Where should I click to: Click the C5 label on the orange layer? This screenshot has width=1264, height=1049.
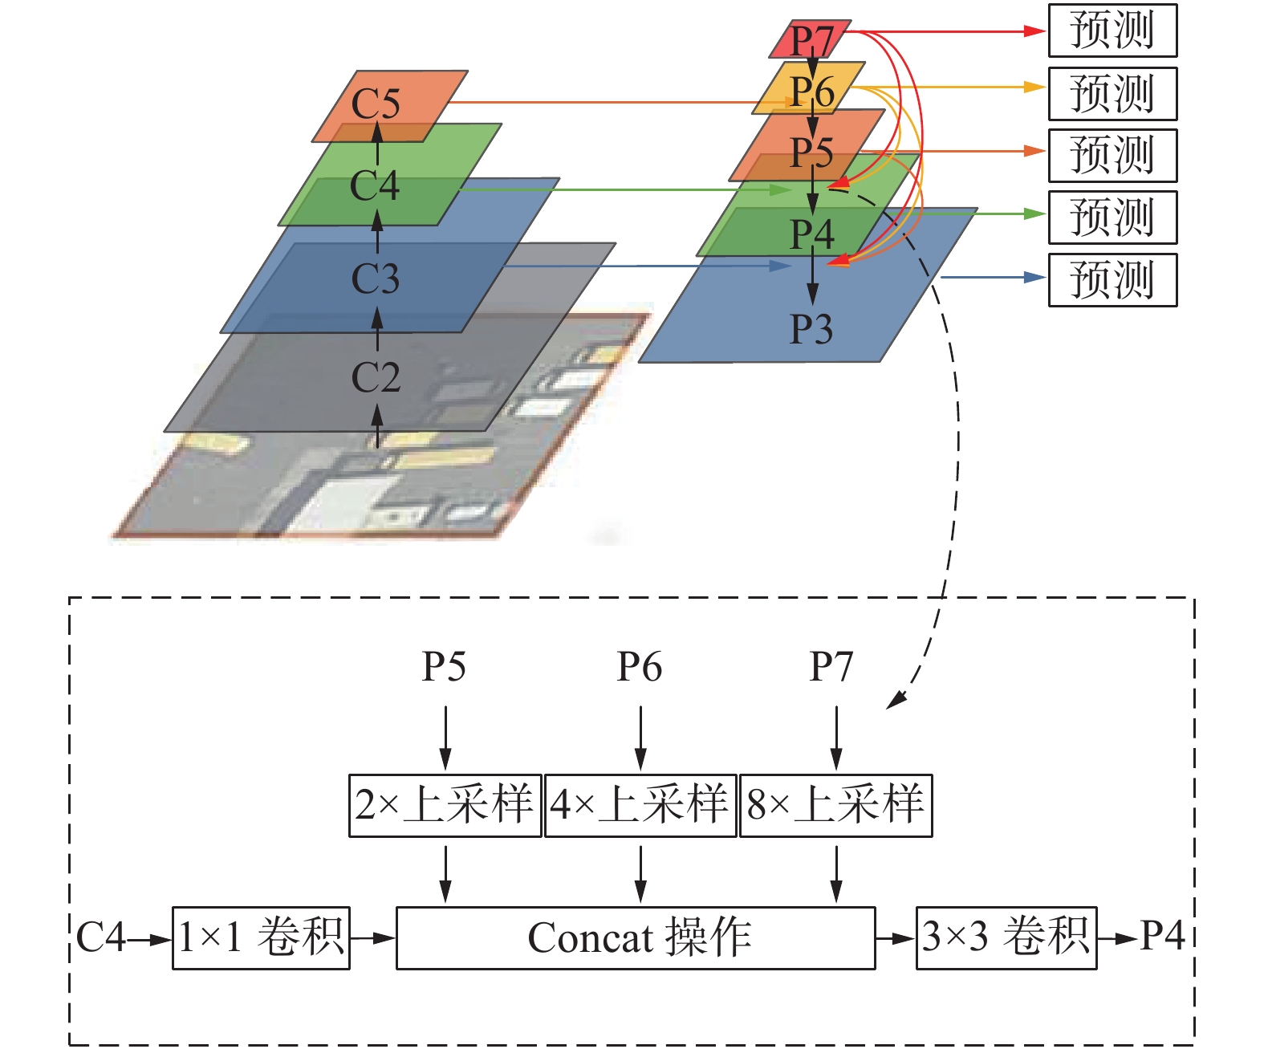point(376,104)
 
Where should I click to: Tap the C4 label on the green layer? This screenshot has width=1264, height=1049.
point(375,185)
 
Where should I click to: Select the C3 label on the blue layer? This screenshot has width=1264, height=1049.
point(375,279)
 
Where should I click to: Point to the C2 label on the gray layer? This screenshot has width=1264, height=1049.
point(375,376)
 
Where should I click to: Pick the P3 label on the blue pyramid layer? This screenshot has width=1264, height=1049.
point(811,328)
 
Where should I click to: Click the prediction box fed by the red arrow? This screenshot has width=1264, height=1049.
point(1112,30)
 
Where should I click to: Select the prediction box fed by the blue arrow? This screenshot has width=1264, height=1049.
point(1112,280)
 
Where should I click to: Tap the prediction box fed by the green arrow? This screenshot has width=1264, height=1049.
point(1112,218)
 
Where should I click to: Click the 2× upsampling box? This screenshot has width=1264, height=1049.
point(445,805)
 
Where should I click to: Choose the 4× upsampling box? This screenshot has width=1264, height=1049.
point(640,805)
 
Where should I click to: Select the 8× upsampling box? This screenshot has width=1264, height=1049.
point(835,805)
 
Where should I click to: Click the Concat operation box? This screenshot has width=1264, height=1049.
point(636,938)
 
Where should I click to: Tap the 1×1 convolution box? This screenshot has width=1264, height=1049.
point(261,938)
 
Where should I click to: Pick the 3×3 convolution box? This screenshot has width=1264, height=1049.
point(1006,938)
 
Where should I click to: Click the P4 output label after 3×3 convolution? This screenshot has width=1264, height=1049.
point(1162,936)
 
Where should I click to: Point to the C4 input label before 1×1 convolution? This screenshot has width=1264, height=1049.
point(101,937)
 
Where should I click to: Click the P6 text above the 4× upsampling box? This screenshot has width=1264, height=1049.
point(639,667)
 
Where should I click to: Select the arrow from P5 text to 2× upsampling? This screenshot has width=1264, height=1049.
point(445,737)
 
